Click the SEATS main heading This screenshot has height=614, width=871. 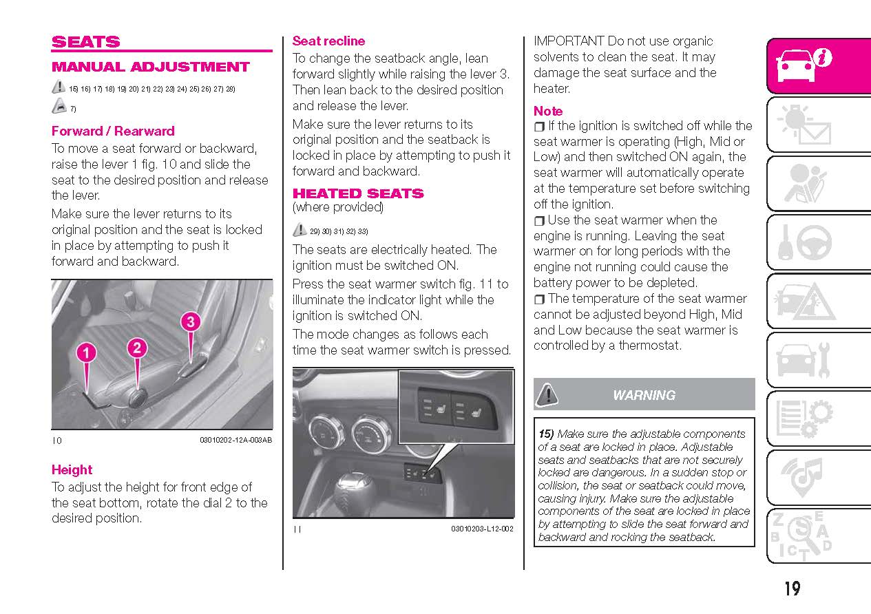pos(85,42)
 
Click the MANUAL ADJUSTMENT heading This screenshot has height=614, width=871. pos(150,67)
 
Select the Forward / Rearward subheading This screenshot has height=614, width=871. pos(113,131)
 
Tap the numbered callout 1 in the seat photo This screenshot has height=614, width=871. pos(85,353)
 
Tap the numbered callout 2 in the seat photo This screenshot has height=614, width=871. pos(137,348)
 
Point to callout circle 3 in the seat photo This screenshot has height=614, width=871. pos(191,321)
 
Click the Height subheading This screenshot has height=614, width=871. pos(72,469)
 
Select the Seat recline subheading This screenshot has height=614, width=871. pos(328,41)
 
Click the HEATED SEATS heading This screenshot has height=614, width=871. pos(358,193)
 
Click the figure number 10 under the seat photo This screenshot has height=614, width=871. pos(56,441)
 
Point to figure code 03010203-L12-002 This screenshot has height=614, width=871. pos(482,529)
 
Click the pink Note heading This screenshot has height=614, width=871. pos(548,111)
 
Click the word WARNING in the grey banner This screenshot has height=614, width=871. pos(644,395)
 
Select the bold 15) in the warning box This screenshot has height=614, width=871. pos(546,434)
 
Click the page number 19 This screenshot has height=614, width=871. pos(791,589)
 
